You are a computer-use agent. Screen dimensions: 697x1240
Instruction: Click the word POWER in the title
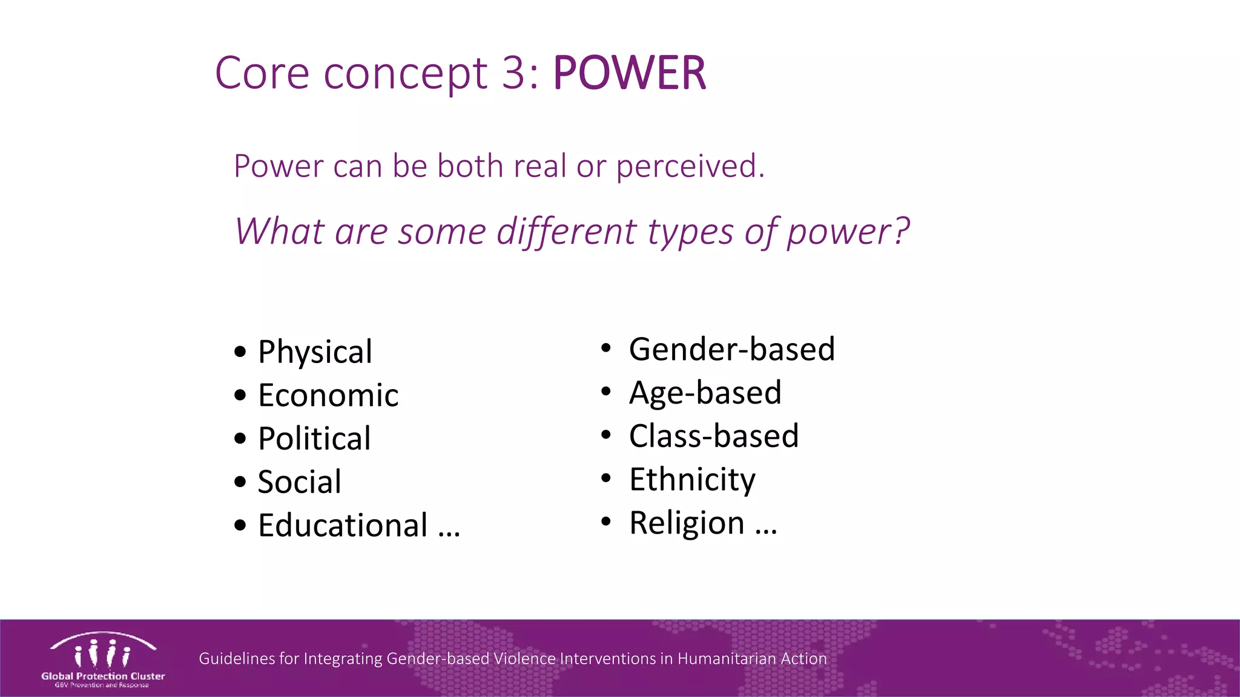coord(629,73)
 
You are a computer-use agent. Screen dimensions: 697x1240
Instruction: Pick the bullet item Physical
coord(315,352)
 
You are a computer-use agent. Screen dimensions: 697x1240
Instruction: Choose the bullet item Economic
coord(328,396)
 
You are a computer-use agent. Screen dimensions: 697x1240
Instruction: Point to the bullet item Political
coord(314,439)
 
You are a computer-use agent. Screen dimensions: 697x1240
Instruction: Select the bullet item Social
coord(300,482)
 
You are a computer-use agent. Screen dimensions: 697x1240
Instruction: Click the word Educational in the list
coord(343,525)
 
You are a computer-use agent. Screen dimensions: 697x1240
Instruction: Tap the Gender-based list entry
coord(732,349)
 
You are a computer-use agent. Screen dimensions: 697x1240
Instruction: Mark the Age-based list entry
coord(705,393)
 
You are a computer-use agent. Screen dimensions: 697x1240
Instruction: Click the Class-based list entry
coord(714,436)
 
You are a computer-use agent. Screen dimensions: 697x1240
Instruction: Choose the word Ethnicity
coord(692,480)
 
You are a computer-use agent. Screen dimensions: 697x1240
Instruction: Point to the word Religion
coord(687,523)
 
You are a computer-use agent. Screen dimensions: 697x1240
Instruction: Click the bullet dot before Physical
coord(240,352)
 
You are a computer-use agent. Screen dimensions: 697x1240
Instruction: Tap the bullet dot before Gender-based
coord(606,348)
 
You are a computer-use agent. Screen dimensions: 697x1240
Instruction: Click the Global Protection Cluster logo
coord(103,659)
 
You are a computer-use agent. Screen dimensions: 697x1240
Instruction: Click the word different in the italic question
coord(567,231)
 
